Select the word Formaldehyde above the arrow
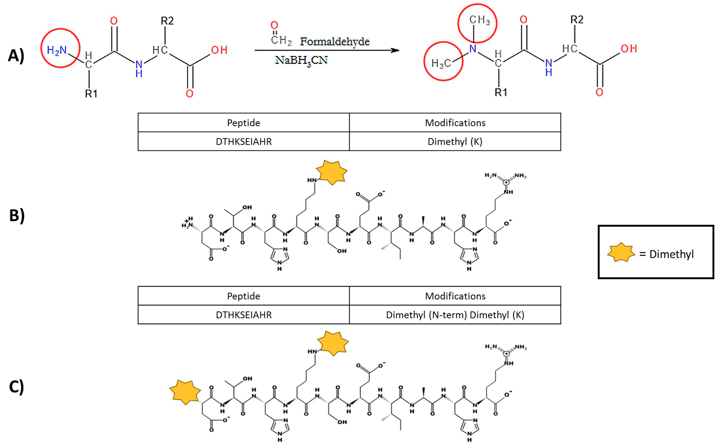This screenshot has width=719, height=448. pos(335,41)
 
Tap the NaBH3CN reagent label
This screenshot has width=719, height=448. pos(301,60)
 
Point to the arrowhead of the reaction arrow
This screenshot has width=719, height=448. pos(395,50)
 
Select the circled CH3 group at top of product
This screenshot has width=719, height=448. pos(479,20)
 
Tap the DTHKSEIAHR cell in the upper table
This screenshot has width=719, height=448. pos(243,142)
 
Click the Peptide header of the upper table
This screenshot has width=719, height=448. pos(243,123)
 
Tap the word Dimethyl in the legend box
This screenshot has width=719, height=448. pos(671,254)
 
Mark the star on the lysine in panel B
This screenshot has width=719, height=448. pos(332,173)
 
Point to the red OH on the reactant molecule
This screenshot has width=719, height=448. pos(219,50)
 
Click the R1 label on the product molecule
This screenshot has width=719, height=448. pos(500,92)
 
